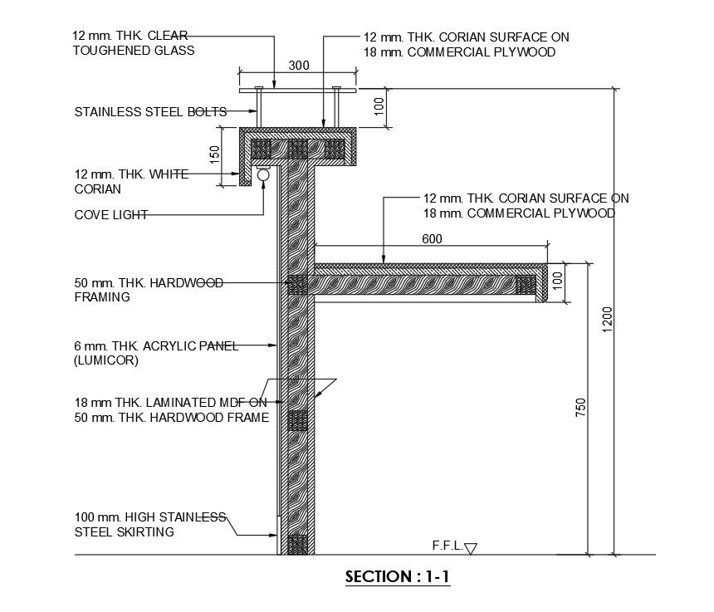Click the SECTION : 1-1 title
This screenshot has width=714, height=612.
398,576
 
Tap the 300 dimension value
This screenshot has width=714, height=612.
298,65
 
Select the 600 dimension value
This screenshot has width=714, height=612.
432,238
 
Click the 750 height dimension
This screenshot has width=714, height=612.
580,407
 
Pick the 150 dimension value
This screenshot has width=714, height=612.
214,154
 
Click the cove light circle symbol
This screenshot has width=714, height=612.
264,174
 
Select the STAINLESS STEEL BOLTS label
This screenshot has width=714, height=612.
150,111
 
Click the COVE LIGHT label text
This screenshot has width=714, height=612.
111,215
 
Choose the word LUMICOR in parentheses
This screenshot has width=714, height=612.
106,361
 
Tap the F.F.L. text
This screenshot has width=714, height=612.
447,546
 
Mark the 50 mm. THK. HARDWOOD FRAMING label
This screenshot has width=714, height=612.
149,290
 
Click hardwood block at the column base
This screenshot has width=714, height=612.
298,545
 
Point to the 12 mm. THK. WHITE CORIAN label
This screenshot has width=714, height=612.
131,181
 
